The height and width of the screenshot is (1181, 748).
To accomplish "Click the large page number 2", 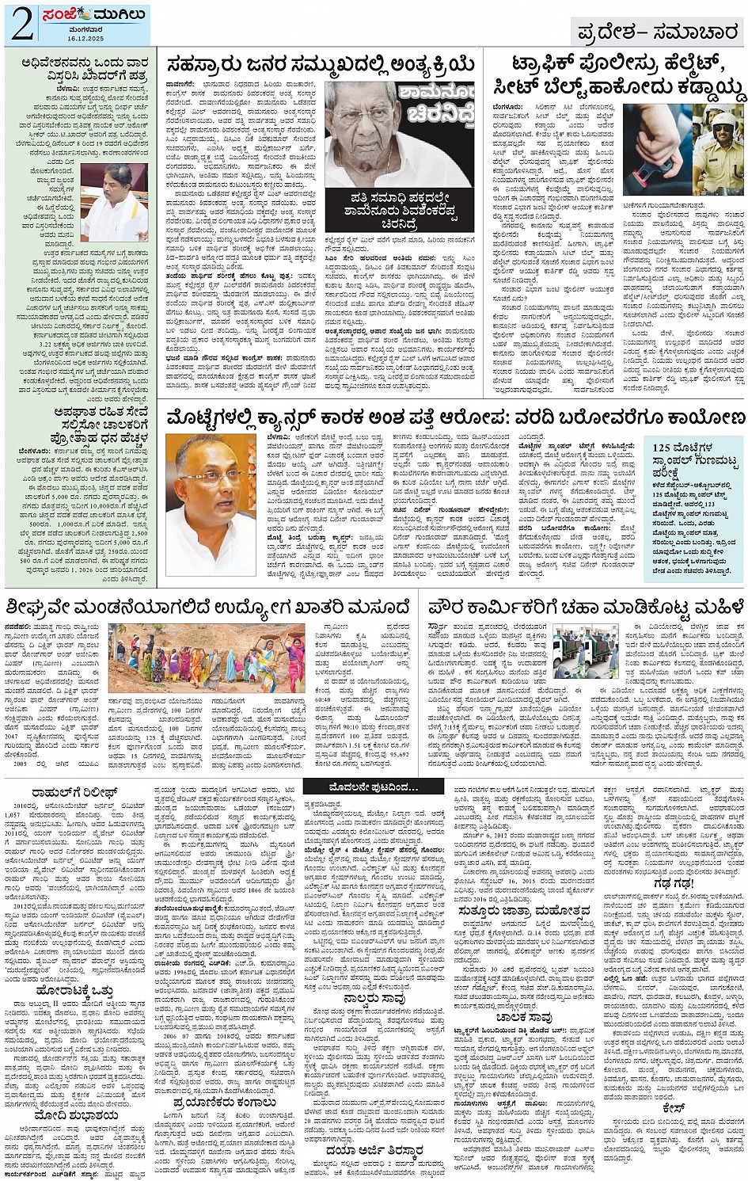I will (21, 25).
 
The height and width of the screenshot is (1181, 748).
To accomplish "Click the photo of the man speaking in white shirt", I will (114, 203).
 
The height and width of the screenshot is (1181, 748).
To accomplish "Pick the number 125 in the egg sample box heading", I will (663, 448).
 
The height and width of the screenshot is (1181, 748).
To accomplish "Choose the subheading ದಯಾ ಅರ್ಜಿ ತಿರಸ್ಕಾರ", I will (374, 1150).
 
